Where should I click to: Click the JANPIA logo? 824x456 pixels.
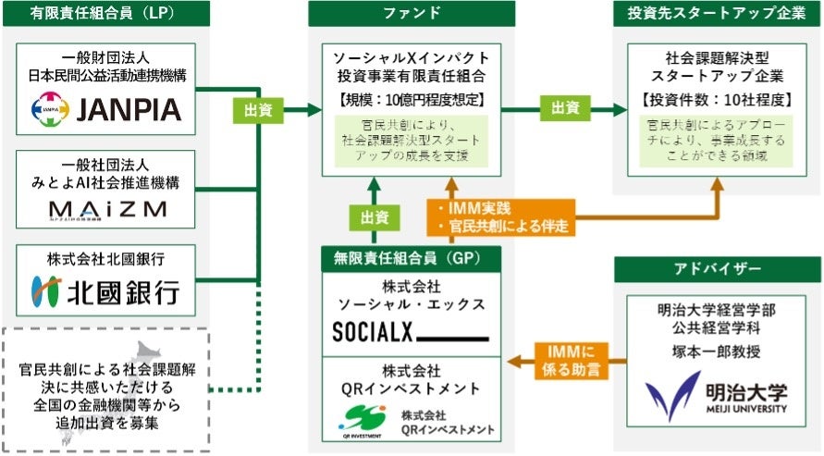[106, 111]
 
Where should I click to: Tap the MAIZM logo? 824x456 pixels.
[107, 208]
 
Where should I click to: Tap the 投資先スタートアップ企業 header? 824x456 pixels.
[718, 14]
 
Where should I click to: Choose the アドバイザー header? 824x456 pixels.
[718, 269]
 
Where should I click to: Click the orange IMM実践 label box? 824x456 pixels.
[499, 216]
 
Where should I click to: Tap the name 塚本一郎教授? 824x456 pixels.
[718, 351]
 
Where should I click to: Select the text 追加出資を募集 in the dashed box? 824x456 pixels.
[105, 423]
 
